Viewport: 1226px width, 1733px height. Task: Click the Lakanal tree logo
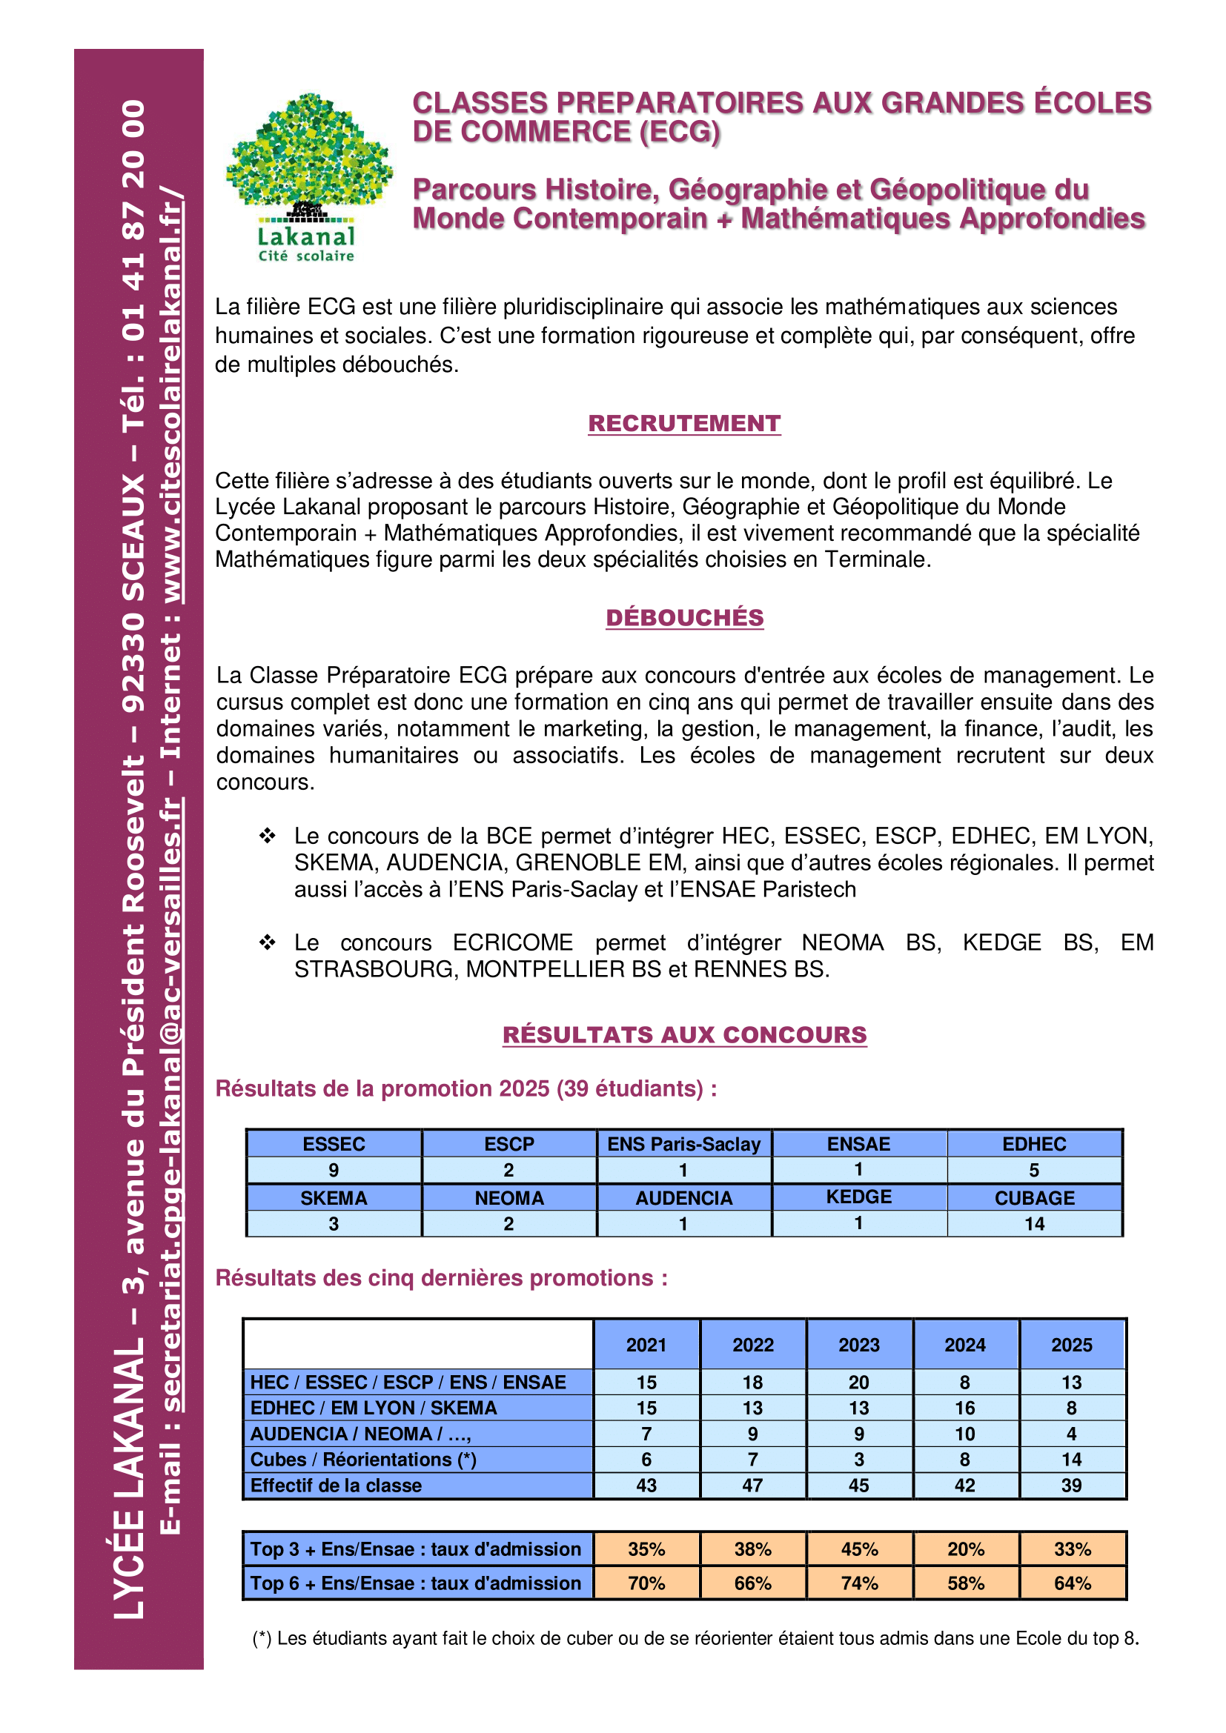(x=308, y=175)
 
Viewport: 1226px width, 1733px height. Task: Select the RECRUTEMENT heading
(x=684, y=424)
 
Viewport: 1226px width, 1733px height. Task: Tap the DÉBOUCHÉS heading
(x=684, y=617)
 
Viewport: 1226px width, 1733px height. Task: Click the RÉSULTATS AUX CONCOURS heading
(x=684, y=1035)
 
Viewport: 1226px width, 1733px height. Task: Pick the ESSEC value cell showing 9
(x=334, y=1170)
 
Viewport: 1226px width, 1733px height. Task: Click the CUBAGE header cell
(x=1034, y=1198)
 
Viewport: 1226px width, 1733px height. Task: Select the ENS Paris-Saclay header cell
(x=684, y=1144)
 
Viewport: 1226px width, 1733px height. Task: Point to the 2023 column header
(x=859, y=1345)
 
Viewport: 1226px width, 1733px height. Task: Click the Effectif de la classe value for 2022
(x=752, y=1486)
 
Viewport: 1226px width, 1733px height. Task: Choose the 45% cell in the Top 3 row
(x=859, y=1549)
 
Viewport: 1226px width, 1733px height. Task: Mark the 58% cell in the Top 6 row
(x=966, y=1583)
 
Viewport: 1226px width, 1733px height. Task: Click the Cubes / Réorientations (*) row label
(x=363, y=1460)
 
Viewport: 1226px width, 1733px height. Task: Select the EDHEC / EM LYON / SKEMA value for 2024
(x=966, y=1408)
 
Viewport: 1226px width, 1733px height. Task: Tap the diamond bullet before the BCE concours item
(x=268, y=836)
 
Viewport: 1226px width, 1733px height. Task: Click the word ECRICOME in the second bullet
(x=513, y=942)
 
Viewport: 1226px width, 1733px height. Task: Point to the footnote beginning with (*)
(x=695, y=1638)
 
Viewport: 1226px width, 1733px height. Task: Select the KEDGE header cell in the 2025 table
(x=859, y=1197)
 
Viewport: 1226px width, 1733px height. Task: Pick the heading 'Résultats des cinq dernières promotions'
(x=442, y=1278)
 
